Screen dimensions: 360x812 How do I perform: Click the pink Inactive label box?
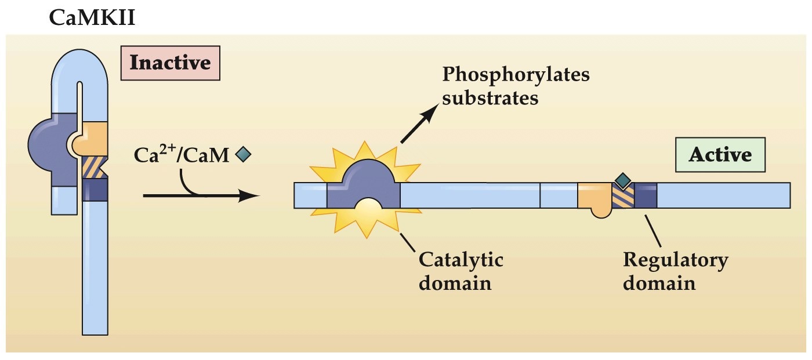(170, 62)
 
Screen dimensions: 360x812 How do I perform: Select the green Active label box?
(720, 155)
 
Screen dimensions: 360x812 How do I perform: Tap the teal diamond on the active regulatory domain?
(623, 181)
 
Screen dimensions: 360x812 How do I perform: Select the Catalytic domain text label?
(461, 271)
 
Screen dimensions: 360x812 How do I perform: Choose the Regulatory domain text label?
(675, 271)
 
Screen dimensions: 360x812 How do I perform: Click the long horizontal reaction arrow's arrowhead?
(249, 195)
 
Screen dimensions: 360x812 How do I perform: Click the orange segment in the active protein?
(594, 197)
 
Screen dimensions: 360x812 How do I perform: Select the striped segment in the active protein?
(623, 197)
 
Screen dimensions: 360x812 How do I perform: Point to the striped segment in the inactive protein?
(93, 168)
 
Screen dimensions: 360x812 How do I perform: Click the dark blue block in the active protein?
(645, 196)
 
